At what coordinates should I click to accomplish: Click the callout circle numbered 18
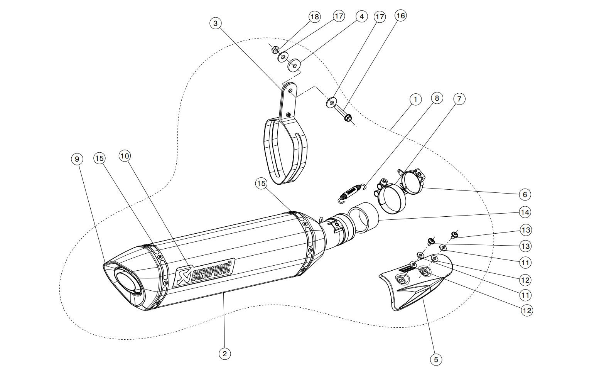coord(315,17)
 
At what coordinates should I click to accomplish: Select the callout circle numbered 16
coord(401,15)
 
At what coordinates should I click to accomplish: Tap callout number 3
coord(215,23)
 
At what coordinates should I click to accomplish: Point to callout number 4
coord(361,17)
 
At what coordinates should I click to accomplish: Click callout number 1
coord(415,99)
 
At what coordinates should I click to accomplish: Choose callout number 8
coord(437,98)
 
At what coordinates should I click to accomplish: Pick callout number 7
coord(459,99)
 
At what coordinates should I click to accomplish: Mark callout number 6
coord(525,194)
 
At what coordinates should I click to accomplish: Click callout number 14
coord(525,212)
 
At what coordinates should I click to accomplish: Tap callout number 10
coord(125,156)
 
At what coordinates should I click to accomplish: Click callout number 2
coord(224,353)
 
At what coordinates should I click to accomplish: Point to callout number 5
coord(436,359)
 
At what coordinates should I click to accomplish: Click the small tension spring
coord(352,193)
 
